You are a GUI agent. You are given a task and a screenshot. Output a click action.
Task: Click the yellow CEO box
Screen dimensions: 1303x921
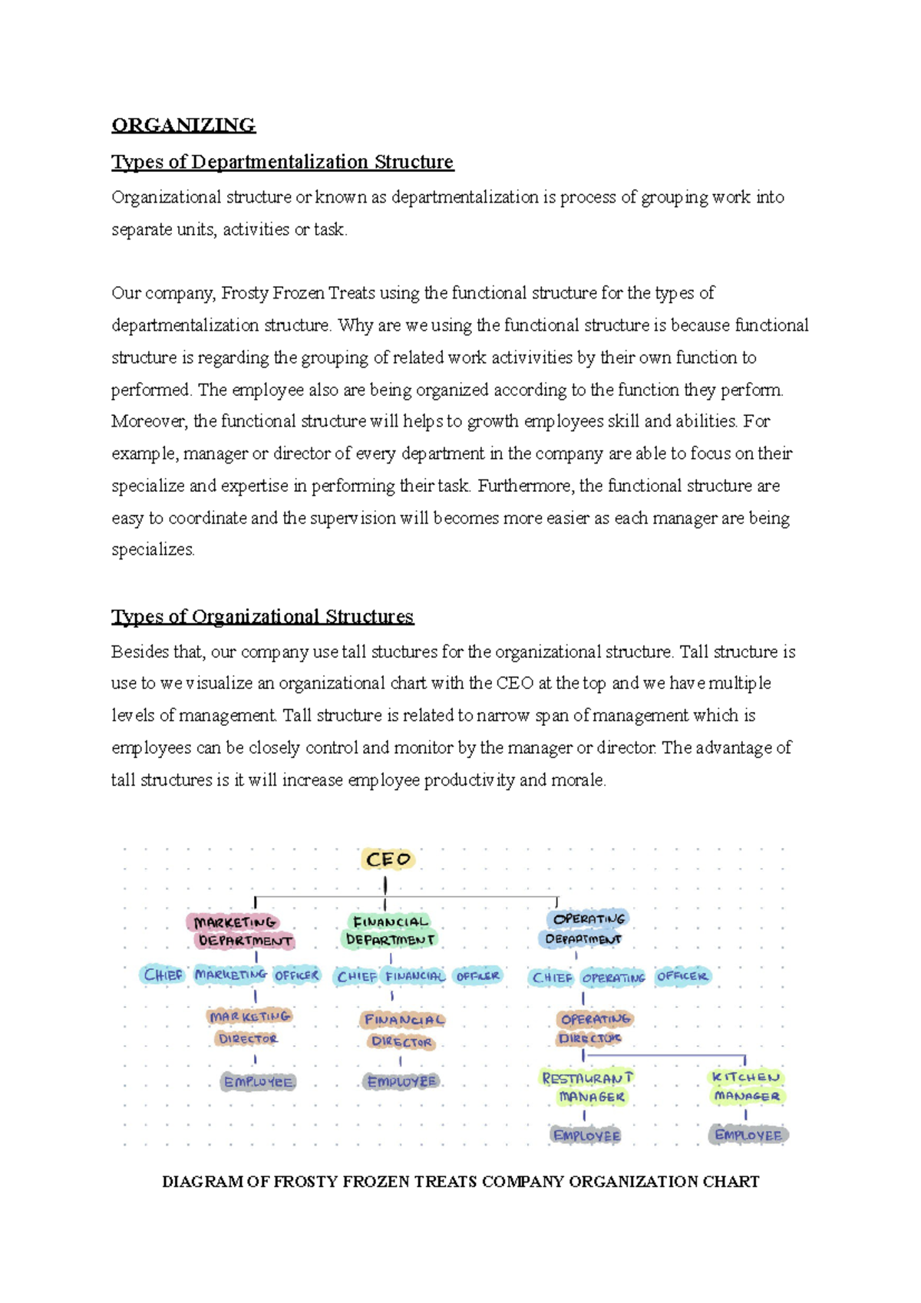[x=388, y=859]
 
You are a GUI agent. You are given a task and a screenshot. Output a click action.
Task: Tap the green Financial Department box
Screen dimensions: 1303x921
[x=390, y=930]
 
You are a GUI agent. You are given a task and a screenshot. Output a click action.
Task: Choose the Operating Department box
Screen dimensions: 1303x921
[x=586, y=929]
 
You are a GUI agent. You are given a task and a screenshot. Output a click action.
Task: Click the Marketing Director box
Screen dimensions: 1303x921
[x=249, y=1027]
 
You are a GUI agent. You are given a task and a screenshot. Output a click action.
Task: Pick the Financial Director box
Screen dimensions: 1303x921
[x=402, y=1031]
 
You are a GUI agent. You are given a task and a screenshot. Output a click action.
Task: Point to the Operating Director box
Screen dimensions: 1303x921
[x=593, y=1028]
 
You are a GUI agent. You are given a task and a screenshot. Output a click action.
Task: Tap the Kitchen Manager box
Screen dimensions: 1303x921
[x=746, y=1087]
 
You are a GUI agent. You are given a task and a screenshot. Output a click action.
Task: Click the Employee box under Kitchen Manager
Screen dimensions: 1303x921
[x=748, y=1135]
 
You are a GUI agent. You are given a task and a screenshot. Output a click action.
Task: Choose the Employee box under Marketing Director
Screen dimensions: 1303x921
[x=258, y=1082]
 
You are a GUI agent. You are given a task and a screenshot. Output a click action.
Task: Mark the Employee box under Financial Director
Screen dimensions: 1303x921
[x=401, y=1081]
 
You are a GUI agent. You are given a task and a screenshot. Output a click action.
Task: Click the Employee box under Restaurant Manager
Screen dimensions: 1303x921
[x=586, y=1136]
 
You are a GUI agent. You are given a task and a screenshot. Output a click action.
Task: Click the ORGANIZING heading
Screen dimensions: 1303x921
[x=183, y=125]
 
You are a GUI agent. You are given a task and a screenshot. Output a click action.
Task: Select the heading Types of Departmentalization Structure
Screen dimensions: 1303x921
[x=282, y=162]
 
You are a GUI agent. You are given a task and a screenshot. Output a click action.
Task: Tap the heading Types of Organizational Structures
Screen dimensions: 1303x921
[x=262, y=616]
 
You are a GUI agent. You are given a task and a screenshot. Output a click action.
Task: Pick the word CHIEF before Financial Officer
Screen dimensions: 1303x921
[x=357, y=977]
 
